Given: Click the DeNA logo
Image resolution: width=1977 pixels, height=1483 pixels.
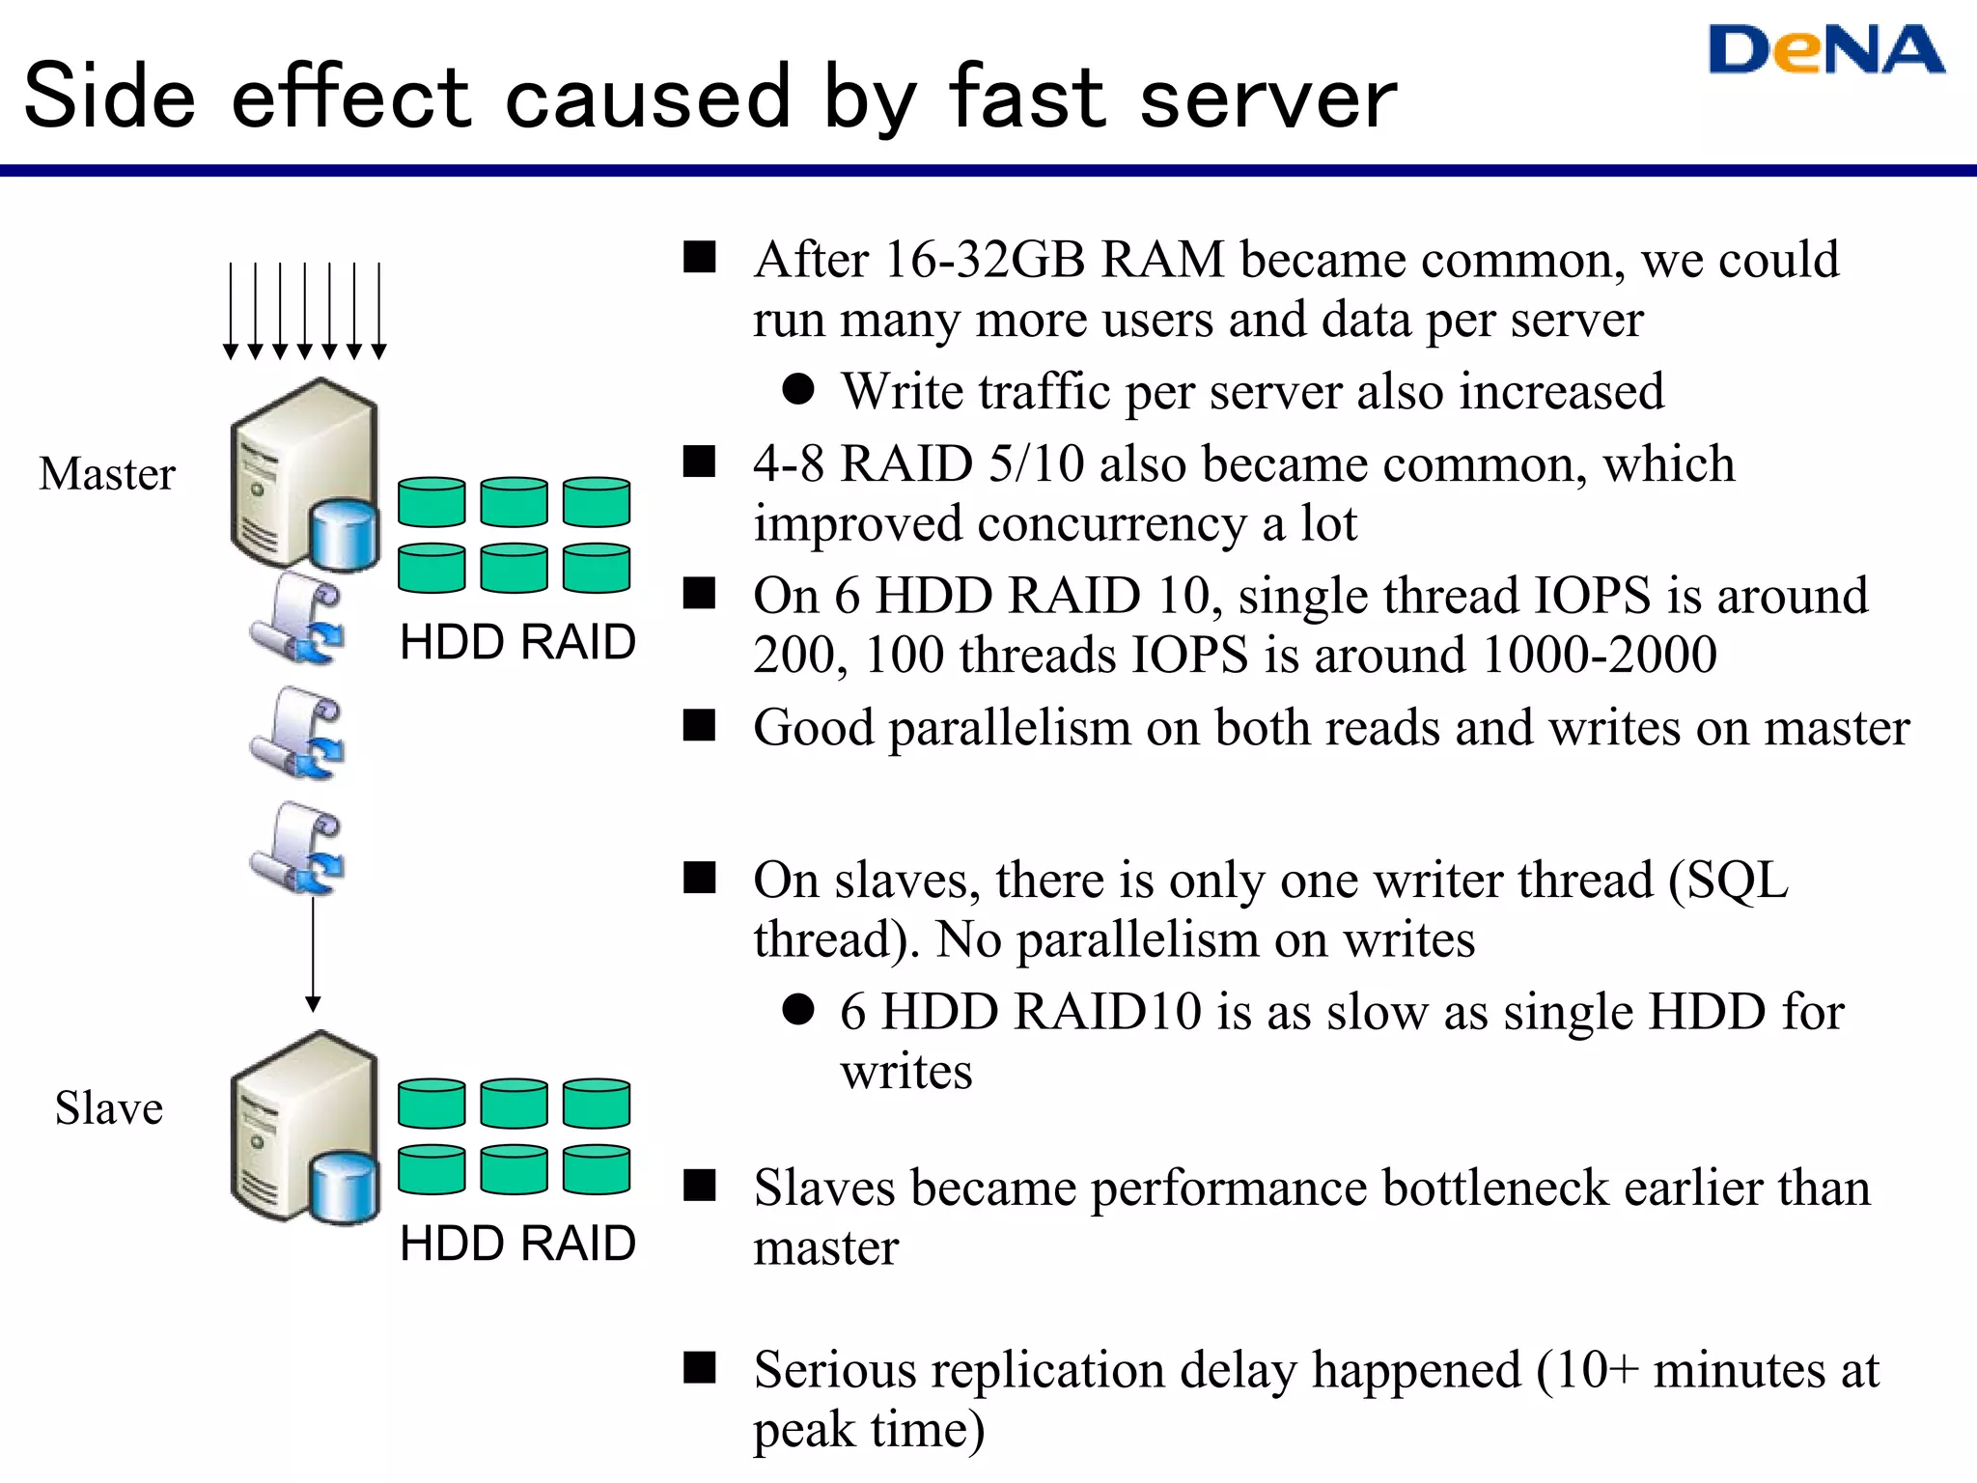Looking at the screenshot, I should (x=1825, y=50).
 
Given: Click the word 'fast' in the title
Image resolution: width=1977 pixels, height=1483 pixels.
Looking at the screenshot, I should (x=1026, y=97).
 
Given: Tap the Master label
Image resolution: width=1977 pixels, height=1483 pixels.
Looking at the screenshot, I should (x=107, y=474).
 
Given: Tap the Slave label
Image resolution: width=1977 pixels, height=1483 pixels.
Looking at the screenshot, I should (x=108, y=1108).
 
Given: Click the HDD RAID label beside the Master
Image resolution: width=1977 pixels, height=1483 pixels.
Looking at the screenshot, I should (x=517, y=642).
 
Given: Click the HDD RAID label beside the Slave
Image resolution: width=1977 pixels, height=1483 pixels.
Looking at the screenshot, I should (x=517, y=1244).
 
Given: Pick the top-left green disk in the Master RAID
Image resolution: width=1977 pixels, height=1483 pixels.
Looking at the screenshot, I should (x=432, y=502).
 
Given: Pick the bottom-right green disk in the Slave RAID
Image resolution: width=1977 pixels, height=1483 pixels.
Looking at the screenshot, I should (x=597, y=1169).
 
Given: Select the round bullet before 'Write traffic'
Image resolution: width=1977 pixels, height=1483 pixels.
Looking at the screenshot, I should (x=798, y=390).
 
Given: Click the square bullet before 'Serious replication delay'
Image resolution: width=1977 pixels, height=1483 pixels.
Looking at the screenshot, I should (x=699, y=1368).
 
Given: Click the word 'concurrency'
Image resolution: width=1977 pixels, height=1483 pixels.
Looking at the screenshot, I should (x=1111, y=524).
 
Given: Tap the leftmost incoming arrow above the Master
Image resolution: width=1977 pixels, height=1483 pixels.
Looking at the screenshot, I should (x=231, y=309).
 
